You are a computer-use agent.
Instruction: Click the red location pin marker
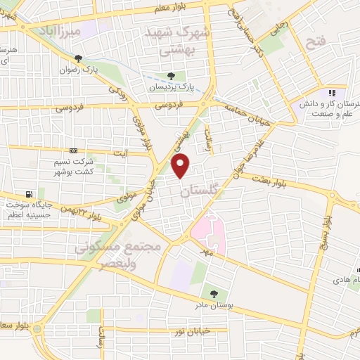[181, 166]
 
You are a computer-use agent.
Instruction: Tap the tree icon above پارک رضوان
[78, 59]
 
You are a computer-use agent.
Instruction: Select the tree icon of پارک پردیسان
[172, 77]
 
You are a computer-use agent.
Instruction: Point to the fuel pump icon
[28, 194]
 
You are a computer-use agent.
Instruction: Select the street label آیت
[120, 153]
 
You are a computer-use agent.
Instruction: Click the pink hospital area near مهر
[210, 232]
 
